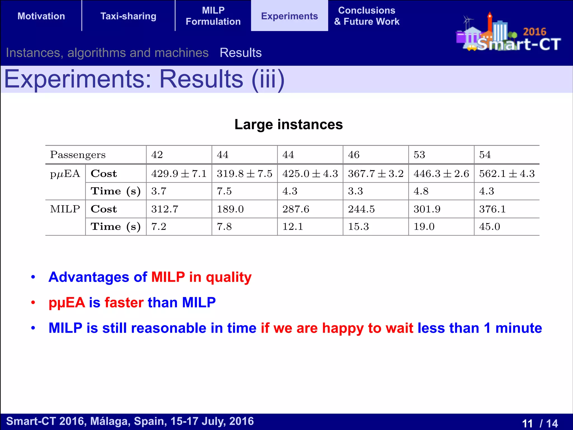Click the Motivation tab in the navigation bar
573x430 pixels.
click(41, 16)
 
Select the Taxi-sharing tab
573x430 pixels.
click(128, 16)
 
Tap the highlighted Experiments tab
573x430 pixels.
click(289, 16)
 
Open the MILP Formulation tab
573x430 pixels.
click(213, 16)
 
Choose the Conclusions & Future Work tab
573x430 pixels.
click(367, 16)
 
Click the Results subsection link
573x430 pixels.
click(241, 53)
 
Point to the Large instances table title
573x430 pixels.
click(288, 124)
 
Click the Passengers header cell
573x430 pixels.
click(78, 155)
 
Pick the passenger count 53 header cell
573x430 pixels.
click(419, 155)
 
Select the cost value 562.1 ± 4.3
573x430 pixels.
click(507, 174)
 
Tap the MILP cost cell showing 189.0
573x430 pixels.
click(230, 209)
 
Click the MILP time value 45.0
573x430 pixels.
click(489, 226)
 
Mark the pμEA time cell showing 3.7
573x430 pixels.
click(159, 191)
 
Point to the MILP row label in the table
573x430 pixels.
click(65, 209)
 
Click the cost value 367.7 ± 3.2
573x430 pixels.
click(376, 174)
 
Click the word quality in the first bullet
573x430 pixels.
click(229, 277)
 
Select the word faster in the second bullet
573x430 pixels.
click(124, 303)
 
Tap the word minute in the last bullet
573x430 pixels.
click(518, 328)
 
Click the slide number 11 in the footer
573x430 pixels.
click(527, 423)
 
